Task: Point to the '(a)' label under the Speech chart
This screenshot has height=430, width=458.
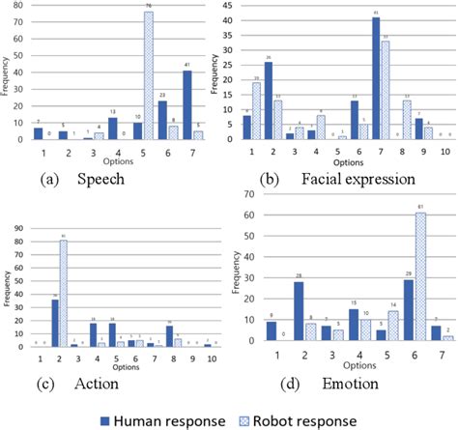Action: [50, 179]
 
